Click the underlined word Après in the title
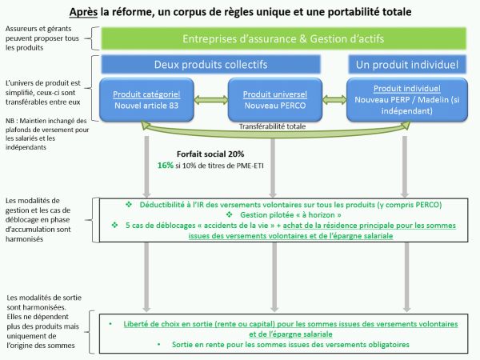click(x=83, y=12)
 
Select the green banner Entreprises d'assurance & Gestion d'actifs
click(x=283, y=38)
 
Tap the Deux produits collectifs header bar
click(x=210, y=64)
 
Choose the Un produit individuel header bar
click(x=407, y=64)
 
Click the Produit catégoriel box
click(x=146, y=100)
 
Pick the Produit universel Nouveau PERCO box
click(x=275, y=100)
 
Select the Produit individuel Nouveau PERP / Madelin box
click(x=407, y=100)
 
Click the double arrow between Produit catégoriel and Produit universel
click(x=211, y=99)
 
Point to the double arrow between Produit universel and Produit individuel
click(x=334, y=99)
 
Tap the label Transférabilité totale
click(x=272, y=126)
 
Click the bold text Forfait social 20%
click(x=210, y=154)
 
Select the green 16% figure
click(x=166, y=166)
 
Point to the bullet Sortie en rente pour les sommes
click(x=290, y=344)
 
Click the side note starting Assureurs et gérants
click(x=42, y=38)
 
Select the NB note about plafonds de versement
click(x=47, y=134)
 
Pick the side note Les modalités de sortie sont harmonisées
click(x=44, y=322)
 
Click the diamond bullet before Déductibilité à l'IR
click(x=129, y=205)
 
